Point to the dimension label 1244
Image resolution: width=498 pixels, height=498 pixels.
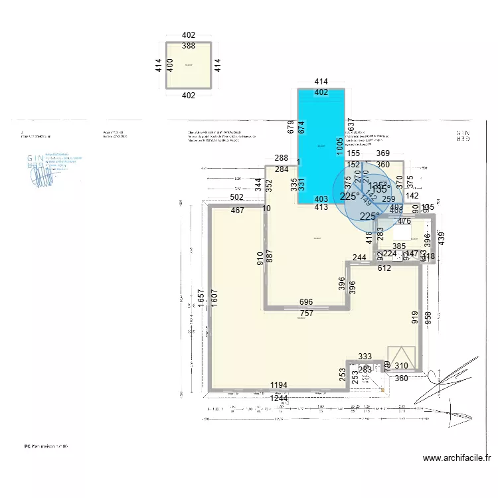(x=279, y=398)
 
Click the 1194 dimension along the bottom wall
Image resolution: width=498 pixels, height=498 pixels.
(x=279, y=385)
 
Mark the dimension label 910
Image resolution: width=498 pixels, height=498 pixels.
(x=259, y=258)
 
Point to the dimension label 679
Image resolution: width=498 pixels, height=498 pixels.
(x=290, y=127)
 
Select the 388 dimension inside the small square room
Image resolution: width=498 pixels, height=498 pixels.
(x=189, y=46)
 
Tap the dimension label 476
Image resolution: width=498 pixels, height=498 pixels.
(x=404, y=221)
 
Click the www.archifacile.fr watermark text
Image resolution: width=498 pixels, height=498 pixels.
(x=456, y=458)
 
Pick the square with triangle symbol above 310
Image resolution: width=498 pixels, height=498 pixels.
(x=401, y=355)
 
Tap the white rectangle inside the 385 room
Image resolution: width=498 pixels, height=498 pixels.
(x=403, y=236)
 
